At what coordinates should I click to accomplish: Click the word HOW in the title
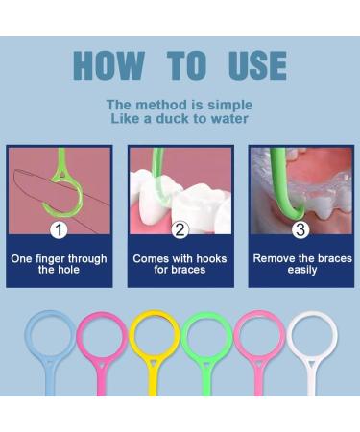coord(108,65)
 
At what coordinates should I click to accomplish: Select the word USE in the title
coord(256,65)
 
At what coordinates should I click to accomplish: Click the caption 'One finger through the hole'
coord(60,264)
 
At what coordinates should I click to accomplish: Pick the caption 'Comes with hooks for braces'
coord(180,264)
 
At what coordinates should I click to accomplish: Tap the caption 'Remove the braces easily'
coord(300,264)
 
